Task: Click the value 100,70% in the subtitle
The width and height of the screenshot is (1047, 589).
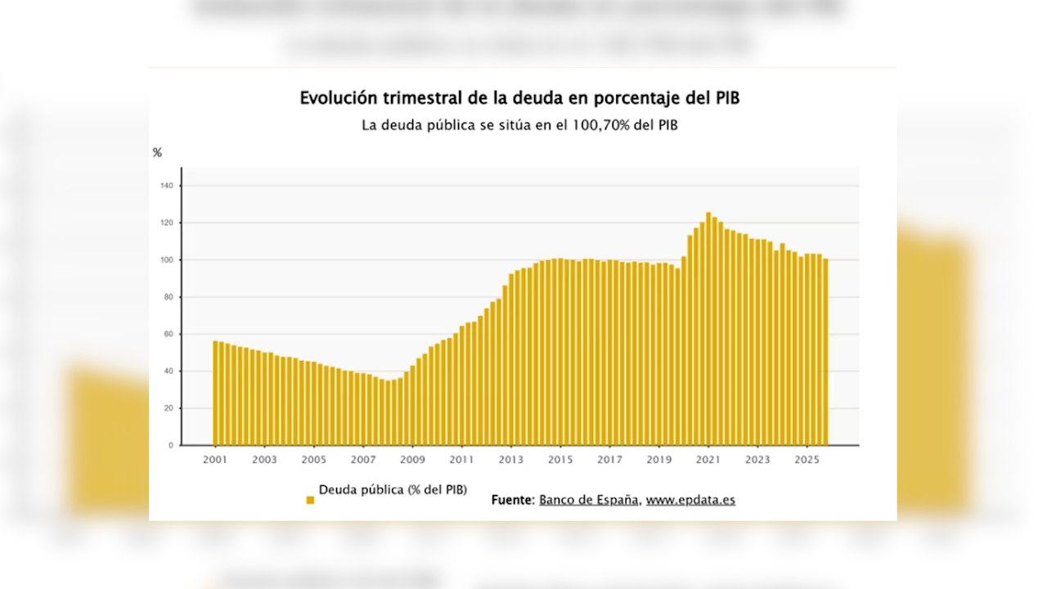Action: [600, 126]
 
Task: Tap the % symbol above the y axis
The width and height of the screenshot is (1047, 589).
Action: [157, 153]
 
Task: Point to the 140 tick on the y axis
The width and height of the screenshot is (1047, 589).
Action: [167, 187]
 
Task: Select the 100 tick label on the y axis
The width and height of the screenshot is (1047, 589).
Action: [167, 260]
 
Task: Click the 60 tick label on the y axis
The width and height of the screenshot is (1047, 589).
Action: [168, 335]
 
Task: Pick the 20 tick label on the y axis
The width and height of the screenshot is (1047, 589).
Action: [168, 408]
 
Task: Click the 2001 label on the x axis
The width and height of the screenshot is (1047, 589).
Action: [215, 460]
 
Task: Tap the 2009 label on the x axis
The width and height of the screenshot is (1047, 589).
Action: [412, 460]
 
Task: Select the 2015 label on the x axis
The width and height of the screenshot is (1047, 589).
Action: [560, 460]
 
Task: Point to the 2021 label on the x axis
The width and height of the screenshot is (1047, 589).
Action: [708, 460]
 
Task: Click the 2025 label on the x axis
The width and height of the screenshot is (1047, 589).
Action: [807, 460]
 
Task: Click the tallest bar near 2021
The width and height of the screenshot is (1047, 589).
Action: [708, 327]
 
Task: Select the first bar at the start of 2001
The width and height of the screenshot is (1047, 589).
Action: [215, 393]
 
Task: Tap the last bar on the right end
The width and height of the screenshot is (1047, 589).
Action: [825, 352]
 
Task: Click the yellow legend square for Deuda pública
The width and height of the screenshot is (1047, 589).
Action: [310, 500]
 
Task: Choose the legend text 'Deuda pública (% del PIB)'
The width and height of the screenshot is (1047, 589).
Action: [393, 490]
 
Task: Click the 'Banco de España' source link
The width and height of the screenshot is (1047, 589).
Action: [589, 500]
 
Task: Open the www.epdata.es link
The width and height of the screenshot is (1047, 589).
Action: [690, 500]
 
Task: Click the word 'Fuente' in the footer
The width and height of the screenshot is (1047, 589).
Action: [512, 500]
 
